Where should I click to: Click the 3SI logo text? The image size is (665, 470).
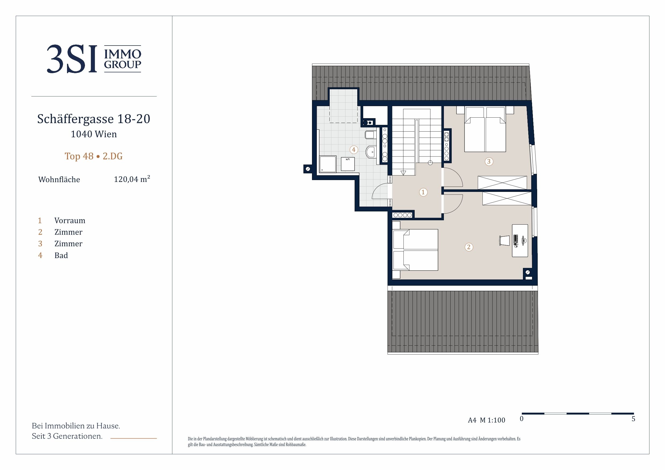72,59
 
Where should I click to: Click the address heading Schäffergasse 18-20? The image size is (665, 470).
94,119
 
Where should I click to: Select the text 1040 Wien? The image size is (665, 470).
94,134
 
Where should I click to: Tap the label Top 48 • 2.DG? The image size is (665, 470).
94,156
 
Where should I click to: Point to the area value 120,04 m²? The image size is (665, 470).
132,179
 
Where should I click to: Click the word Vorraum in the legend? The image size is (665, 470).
70,221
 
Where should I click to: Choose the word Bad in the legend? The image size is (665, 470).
61,255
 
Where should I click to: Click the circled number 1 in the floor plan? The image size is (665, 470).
423,192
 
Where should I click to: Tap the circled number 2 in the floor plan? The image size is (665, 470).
469,247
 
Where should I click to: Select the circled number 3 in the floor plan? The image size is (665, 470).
489,162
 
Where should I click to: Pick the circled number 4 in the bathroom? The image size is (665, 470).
353,150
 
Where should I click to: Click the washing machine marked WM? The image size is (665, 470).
348,164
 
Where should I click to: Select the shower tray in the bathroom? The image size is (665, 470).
328,164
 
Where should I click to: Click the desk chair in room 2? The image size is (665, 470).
504,241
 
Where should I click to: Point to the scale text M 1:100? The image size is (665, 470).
492,420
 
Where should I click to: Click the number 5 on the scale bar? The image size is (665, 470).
633,419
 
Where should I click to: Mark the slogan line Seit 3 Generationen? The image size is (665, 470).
67,436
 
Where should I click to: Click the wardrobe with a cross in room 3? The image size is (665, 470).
502,183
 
